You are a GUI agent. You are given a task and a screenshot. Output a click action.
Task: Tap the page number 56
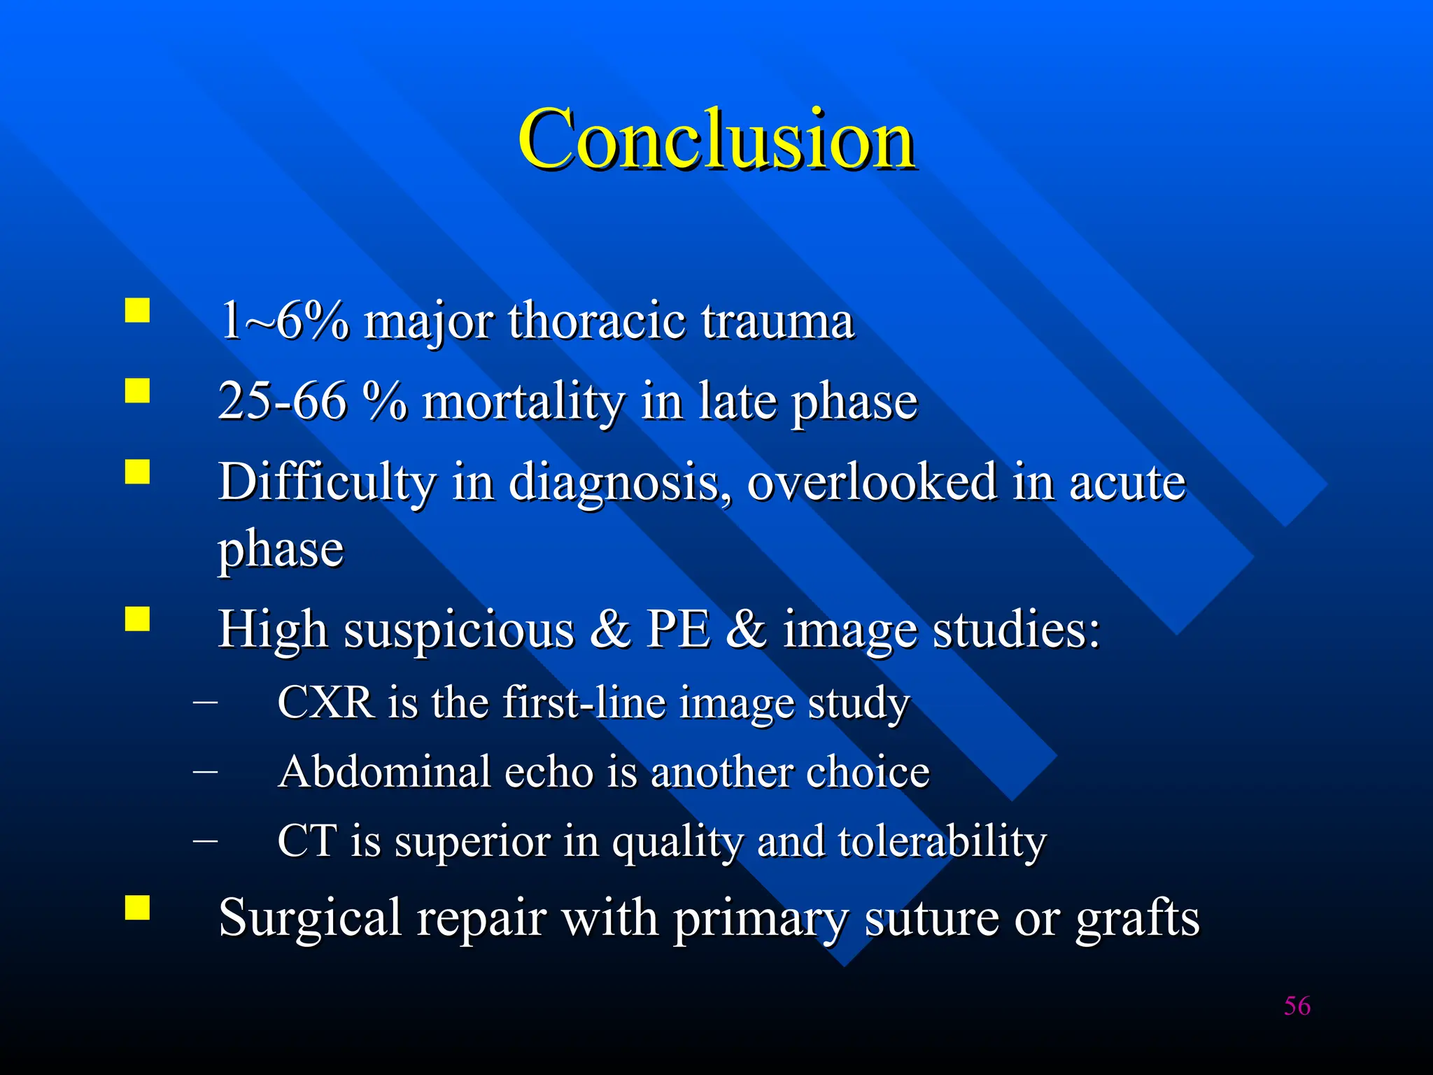[x=1297, y=1006]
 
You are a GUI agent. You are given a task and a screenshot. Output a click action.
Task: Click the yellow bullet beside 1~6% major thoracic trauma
[x=138, y=310]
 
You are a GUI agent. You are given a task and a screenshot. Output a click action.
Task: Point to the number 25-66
[x=282, y=401]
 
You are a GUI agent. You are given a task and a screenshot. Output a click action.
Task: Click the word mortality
[x=523, y=402]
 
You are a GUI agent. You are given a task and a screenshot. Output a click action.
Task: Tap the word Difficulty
[x=327, y=483]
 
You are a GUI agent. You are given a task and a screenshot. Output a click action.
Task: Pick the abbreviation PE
[x=677, y=628]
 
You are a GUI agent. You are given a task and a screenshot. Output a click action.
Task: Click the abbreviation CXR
[x=325, y=702]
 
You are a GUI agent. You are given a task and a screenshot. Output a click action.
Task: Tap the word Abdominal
[x=384, y=772]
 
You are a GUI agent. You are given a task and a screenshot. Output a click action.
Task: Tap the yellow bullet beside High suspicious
[x=138, y=619]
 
